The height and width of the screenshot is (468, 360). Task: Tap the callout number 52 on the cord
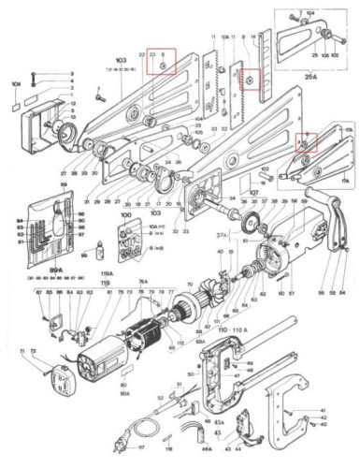point(160,397)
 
